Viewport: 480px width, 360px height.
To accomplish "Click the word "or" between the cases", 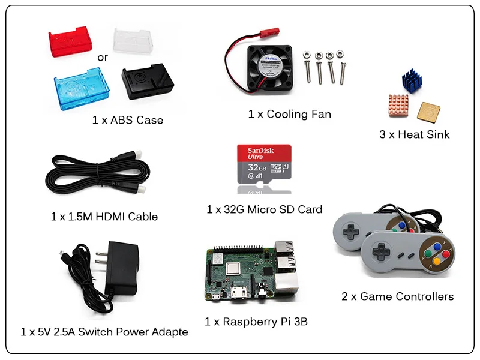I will (x=103, y=58).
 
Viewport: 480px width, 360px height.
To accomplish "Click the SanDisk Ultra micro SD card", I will (x=265, y=163).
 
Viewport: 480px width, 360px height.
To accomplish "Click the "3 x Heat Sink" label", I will (x=414, y=134).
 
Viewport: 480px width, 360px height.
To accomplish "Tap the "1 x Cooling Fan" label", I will (x=289, y=114).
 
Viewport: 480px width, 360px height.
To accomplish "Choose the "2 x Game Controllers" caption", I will (x=397, y=296).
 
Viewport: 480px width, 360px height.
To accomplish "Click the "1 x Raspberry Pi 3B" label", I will (x=256, y=322).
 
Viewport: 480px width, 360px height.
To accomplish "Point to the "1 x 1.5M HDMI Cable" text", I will (x=104, y=216).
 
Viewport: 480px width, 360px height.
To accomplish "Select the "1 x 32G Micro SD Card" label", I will (x=264, y=209).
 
